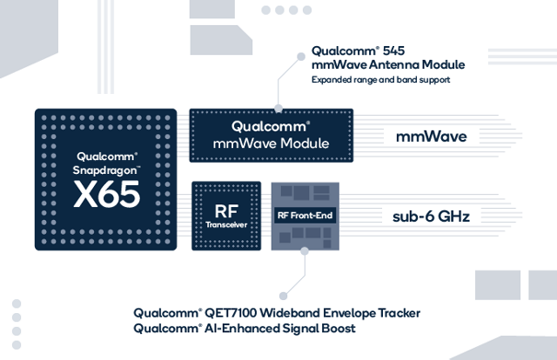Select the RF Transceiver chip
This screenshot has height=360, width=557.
[225, 216]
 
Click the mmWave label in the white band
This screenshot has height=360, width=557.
[431, 137]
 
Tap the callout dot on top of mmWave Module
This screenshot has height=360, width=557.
[278, 110]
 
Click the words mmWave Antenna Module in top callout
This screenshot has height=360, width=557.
[388, 65]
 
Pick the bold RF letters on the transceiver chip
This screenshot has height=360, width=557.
[225, 210]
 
